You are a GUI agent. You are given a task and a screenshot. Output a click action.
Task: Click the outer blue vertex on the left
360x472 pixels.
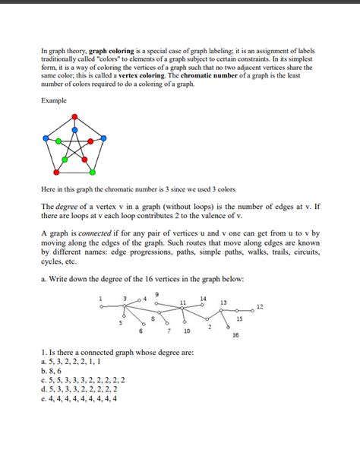click(47, 139)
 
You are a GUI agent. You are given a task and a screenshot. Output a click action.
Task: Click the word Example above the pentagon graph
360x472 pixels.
click(53, 100)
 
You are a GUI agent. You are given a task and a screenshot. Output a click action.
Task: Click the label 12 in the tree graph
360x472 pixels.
click(260, 307)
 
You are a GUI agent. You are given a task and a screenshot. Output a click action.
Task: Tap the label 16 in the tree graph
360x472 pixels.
click(235, 334)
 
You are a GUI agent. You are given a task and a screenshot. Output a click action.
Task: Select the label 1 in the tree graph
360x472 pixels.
click(100, 298)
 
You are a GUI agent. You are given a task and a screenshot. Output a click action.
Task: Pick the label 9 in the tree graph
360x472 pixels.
click(157, 294)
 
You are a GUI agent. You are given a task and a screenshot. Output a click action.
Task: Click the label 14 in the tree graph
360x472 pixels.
click(203, 297)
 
